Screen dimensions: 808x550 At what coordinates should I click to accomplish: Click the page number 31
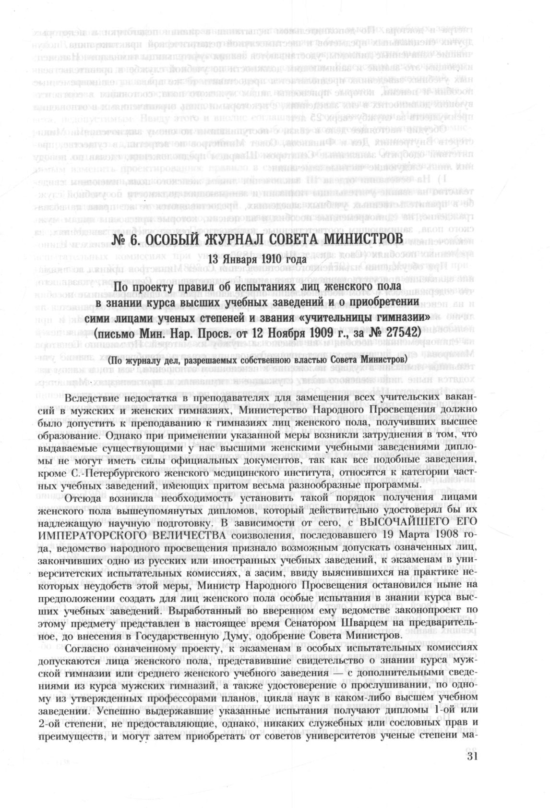pyautogui.click(x=473, y=758)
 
